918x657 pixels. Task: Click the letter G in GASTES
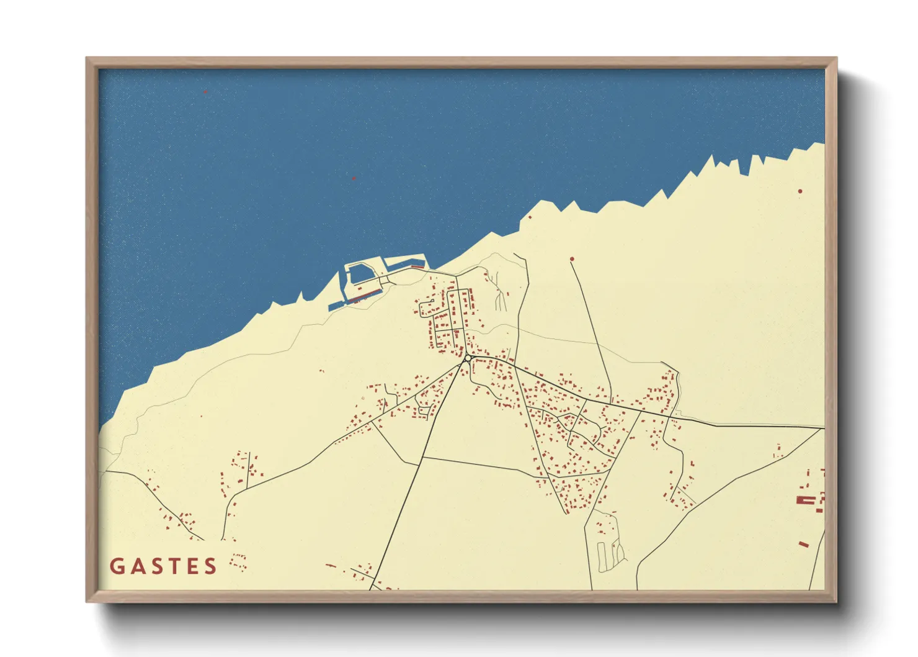tap(117, 566)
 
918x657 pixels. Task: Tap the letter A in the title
tap(137, 566)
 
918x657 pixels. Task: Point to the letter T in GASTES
tap(174, 566)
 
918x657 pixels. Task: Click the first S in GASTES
tap(156, 566)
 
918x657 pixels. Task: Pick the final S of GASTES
tap(211, 566)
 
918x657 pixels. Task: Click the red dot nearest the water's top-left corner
tap(205, 92)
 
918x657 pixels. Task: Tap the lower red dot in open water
tap(354, 179)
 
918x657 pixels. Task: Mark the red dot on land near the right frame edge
tap(800, 191)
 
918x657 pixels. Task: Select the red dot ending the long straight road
tap(572, 259)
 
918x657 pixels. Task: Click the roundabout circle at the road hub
tap(467, 358)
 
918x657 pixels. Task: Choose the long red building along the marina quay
tap(366, 294)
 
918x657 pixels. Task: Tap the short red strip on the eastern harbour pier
tap(417, 266)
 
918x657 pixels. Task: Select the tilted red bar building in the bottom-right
tap(803, 545)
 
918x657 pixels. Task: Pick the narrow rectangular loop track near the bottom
tap(601, 556)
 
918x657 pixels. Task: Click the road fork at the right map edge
tap(822, 428)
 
